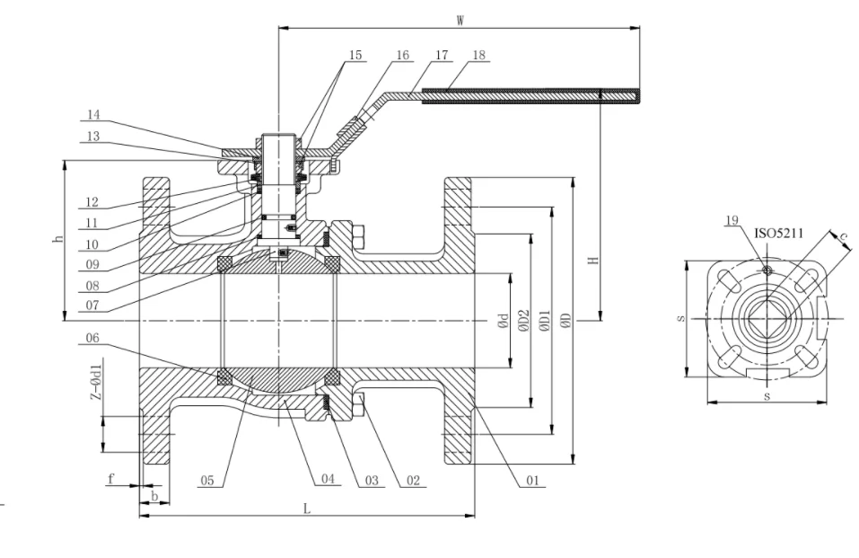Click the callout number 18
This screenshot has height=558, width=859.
tap(478, 55)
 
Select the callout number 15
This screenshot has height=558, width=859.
tap(355, 55)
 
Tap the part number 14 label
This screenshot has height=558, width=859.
tap(94, 115)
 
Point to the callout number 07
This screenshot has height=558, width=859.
tap(94, 305)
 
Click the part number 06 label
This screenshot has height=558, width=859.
tap(94, 339)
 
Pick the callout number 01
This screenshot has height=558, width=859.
tap(531, 481)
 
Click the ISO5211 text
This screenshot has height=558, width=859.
tap(777, 233)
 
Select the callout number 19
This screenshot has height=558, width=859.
tap(732, 220)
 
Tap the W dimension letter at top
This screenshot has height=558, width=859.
tap(460, 18)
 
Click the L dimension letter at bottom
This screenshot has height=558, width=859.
tap(306, 509)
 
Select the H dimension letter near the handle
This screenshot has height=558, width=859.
tap(592, 261)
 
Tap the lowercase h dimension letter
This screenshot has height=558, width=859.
tap(58, 240)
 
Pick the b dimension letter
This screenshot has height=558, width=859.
tap(153, 495)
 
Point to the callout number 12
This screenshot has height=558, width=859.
tap(92, 203)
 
